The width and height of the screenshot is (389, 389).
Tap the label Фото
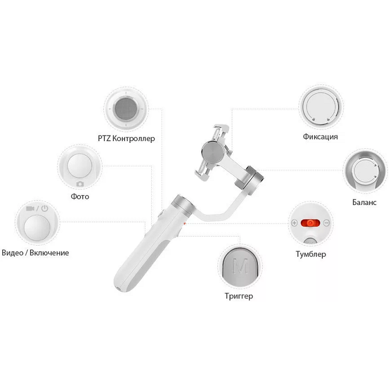(79, 197)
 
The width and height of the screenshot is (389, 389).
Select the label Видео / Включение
(36, 253)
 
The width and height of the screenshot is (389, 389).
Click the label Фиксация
(321, 137)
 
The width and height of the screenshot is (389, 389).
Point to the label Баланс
(364, 202)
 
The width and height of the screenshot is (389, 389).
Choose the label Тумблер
(311, 255)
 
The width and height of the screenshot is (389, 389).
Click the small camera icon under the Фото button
(79, 183)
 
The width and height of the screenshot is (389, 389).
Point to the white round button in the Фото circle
(79, 166)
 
